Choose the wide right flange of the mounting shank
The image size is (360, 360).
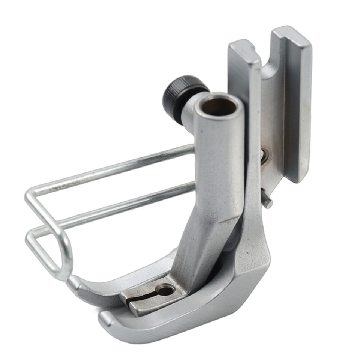[296, 105]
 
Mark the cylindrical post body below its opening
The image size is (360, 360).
[217, 157]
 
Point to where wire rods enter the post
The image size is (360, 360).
[193, 165]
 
